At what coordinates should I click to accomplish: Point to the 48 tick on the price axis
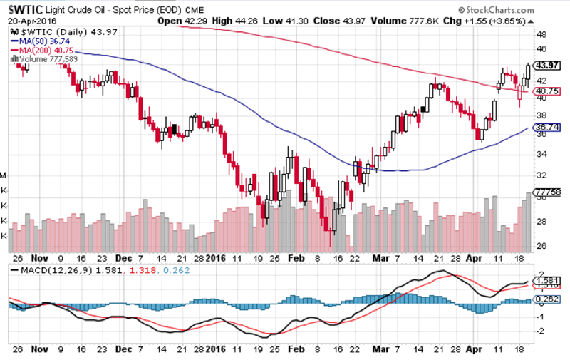point(541,34)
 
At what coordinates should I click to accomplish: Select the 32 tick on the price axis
point(541,174)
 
